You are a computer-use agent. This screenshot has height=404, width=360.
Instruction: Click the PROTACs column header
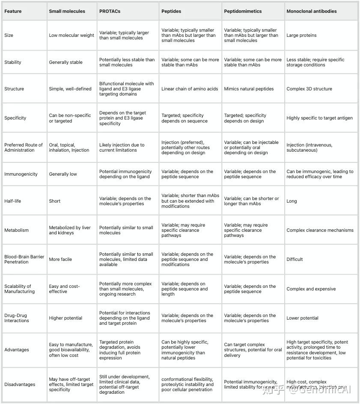pyautogui.click(x=110, y=11)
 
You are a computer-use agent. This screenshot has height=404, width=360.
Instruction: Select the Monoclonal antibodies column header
pyautogui.click(x=311, y=11)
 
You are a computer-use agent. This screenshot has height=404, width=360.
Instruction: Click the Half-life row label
pyautogui.click(x=12, y=201)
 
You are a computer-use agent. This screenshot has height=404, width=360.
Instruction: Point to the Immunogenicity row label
pyautogui.click(x=21, y=174)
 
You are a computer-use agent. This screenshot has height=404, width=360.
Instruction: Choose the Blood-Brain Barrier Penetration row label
pyautogui.click(x=24, y=259)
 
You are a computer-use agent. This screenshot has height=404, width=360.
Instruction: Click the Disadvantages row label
pyautogui.click(x=20, y=384)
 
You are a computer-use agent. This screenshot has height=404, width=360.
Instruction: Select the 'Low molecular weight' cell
pyautogui.click(x=71, y=35)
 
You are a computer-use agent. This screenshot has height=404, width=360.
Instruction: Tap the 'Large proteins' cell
pyautogui.click(x=301, y=35)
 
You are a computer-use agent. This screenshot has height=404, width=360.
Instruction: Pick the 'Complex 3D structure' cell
pyautogui.click(x=309, y=89)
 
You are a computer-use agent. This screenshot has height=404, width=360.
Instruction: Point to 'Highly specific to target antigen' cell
pyautogui.click(x=319, y=118)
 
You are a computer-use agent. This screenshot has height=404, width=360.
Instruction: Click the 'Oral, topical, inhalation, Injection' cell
pyautogui.click(x=69, y=147)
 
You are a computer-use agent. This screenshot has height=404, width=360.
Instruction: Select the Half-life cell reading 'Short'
pyautogui.click(x=55, y=201)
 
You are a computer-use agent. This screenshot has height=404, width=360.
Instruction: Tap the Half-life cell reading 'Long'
pyautogui.click(x=292, y=201)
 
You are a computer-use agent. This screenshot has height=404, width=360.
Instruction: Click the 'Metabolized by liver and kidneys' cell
pyautogui.click(x=70, y=230)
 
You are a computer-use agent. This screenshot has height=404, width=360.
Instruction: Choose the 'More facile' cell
pyautogui.click(x=60, y=259)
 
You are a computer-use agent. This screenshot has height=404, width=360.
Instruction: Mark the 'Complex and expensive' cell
pyautogui.click(x=311, y=289)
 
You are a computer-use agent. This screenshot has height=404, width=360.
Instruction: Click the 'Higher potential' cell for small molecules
pyautogui.click(x=65, y=318)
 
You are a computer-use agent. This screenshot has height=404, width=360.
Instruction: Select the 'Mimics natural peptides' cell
pyautogui.click(x=248, y=89)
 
